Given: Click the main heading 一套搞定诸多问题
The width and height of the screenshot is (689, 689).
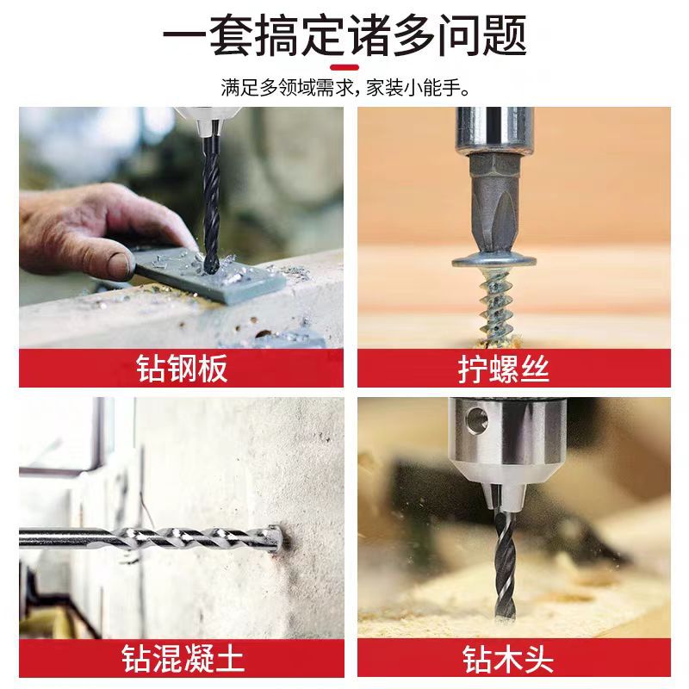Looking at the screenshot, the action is (345, 35).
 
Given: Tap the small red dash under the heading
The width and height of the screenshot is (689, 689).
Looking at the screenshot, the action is (344, 68).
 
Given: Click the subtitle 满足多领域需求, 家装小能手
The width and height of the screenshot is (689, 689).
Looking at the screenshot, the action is (345, 88).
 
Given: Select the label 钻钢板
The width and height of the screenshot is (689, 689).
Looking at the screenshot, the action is (182, 369).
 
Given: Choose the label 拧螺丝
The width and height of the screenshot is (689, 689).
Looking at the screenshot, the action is (504, 369).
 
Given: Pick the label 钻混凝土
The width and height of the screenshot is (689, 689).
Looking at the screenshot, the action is (183, 658).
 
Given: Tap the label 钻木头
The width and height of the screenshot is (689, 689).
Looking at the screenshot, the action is (507, 658).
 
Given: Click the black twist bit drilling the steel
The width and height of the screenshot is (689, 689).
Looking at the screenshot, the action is (211, 202).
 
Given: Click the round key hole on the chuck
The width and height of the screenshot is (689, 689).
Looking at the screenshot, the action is (477, 419).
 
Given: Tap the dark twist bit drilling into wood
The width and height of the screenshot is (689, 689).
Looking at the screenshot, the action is (505, 562).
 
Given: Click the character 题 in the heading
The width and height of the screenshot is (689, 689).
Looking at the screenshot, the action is (506, 35).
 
